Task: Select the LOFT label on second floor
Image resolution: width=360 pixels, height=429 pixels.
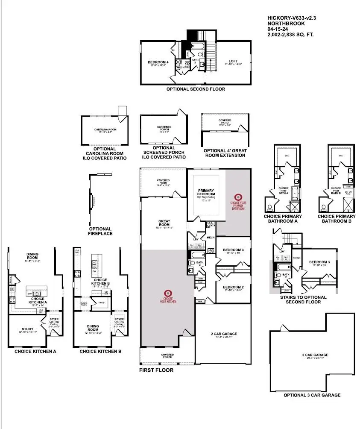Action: pyautogui.click(x=233, y=61)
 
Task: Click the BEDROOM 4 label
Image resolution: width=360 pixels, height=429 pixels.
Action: pyautogui.click(x=155, y=62)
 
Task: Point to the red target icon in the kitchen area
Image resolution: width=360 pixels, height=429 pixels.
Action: pyautogui.click(x=168, y=293)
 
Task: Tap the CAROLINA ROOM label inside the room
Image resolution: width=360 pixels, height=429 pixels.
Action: pyautogui.click(x=105, y=129)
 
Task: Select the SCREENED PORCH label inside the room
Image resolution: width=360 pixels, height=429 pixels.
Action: pyautogui.click(x=164, y=127)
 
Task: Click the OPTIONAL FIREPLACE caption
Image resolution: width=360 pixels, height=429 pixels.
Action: pyautogui.click(x=101, y=231)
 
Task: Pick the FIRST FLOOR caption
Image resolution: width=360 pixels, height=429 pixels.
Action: pyautogui.click(x=156, y=370)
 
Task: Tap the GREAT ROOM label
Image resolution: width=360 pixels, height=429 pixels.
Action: pyautogui.click(x=164, y=221)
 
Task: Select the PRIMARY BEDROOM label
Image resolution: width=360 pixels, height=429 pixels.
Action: pyautogui.click(x=206, y=191)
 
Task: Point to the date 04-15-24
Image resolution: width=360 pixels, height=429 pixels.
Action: pyautogui.click(x=278, y=29)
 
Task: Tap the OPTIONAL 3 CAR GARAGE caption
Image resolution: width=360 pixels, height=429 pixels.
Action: pyautogui.click(x=312, y=395)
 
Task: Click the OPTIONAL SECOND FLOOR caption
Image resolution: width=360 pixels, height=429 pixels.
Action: pyautogui.click(x=196, y=89)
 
